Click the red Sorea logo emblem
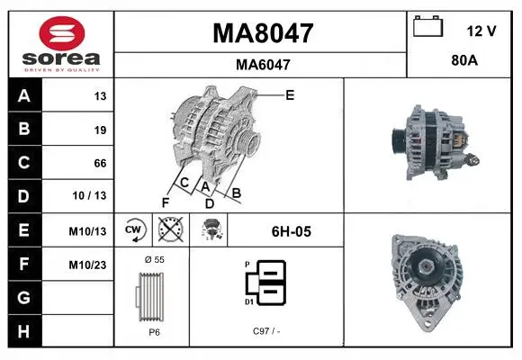point(62,33)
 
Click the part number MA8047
point(263,33)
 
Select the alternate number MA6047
point(263,65)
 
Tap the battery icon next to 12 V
point(428,27)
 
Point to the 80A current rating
point(464,60)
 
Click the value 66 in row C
point(100,163)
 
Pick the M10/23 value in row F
point(87,265)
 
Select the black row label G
point(23,297)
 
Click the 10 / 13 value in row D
point(89,195)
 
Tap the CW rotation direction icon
point(133,229)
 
